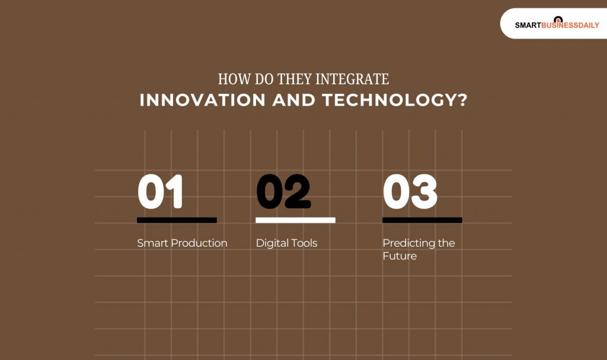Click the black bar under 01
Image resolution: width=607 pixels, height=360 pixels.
point(177,220)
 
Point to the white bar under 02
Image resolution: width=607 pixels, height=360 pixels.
point(295,220)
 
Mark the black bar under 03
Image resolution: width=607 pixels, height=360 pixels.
point(422,220)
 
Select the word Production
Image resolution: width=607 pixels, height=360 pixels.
point(199,243)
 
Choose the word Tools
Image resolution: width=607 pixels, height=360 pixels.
point(303,243)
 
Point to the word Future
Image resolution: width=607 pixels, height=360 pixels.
point(400,256)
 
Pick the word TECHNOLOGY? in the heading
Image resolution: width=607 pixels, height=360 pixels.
point(395,100)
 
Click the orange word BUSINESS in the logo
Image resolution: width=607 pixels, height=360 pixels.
point(557,26)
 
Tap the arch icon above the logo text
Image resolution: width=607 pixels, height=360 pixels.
point(557,19)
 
